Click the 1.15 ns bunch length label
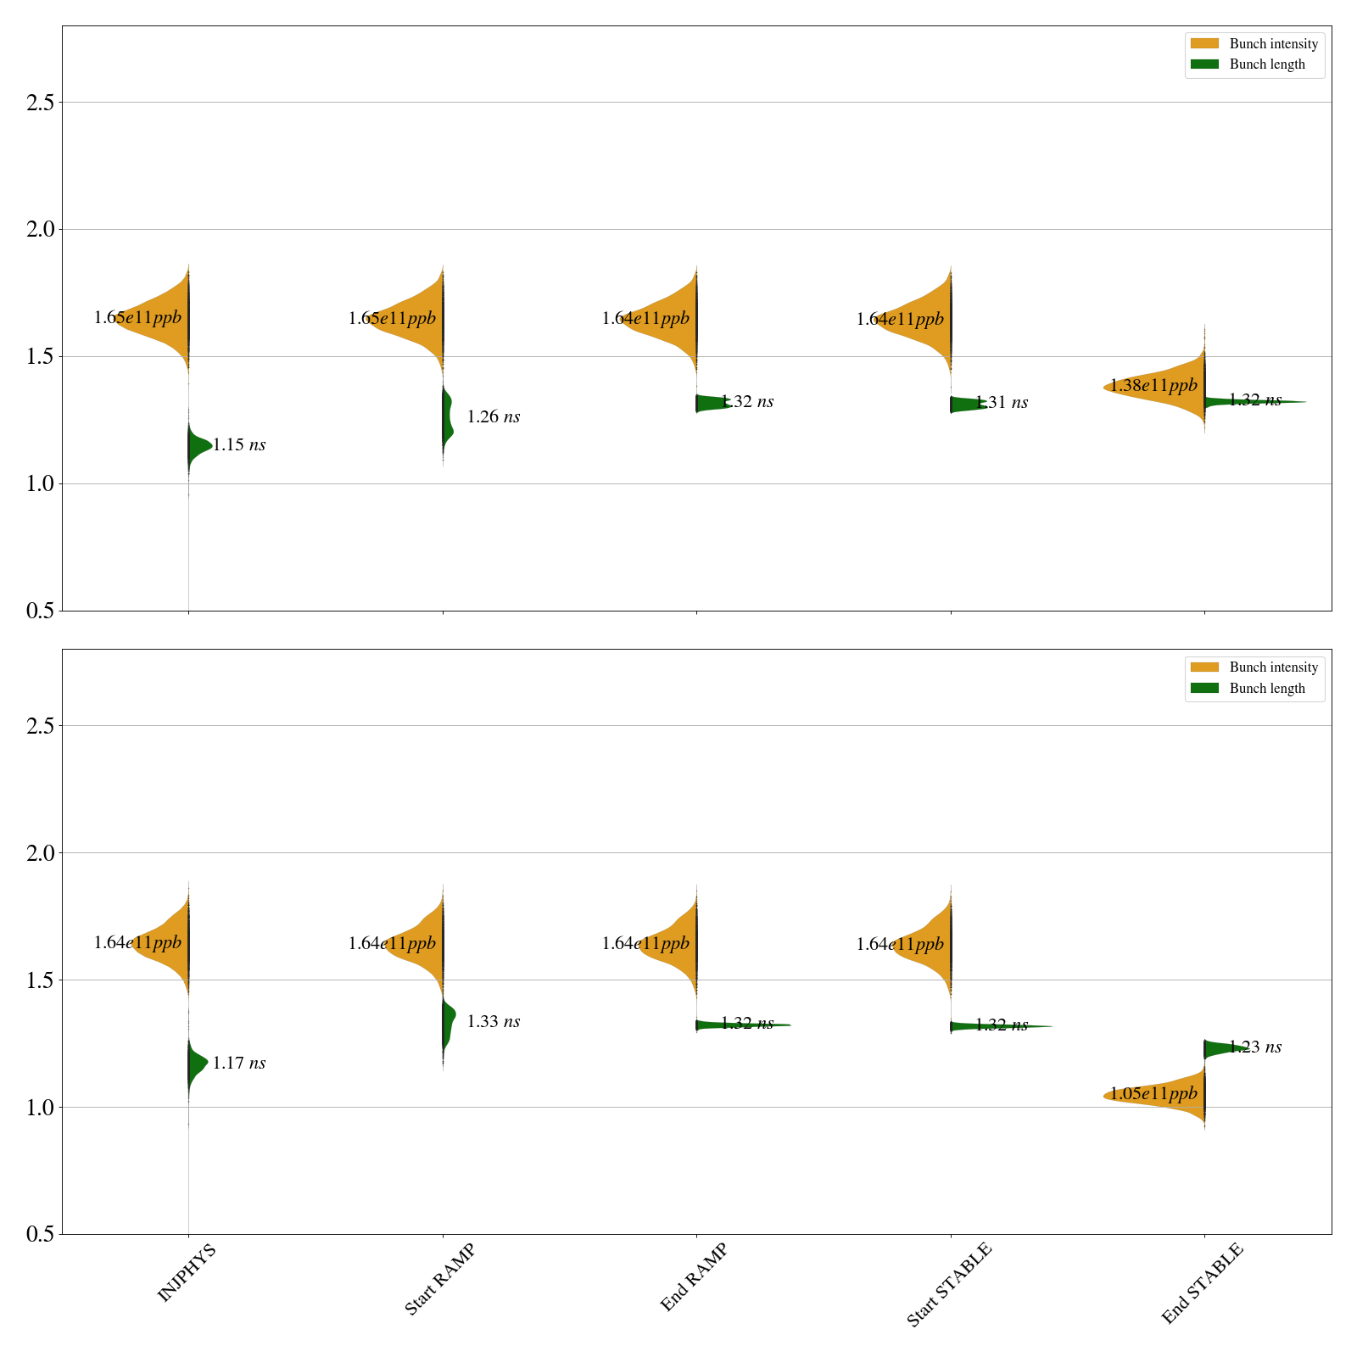(239, 445)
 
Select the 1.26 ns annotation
(494, 417)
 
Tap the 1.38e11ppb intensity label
(1153, 386)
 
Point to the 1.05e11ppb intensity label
(1153, 1094)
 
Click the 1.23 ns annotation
(1255, 1047)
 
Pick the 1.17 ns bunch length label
(239, 1064)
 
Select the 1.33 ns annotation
(494, 1022)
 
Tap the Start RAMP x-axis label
(439, 1279)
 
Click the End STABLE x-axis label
(1202, 1282)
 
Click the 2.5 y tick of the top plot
(40, 103)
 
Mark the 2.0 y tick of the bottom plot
(40, 853)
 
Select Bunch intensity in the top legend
(1273, 44)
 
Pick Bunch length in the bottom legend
(1267, 689)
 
